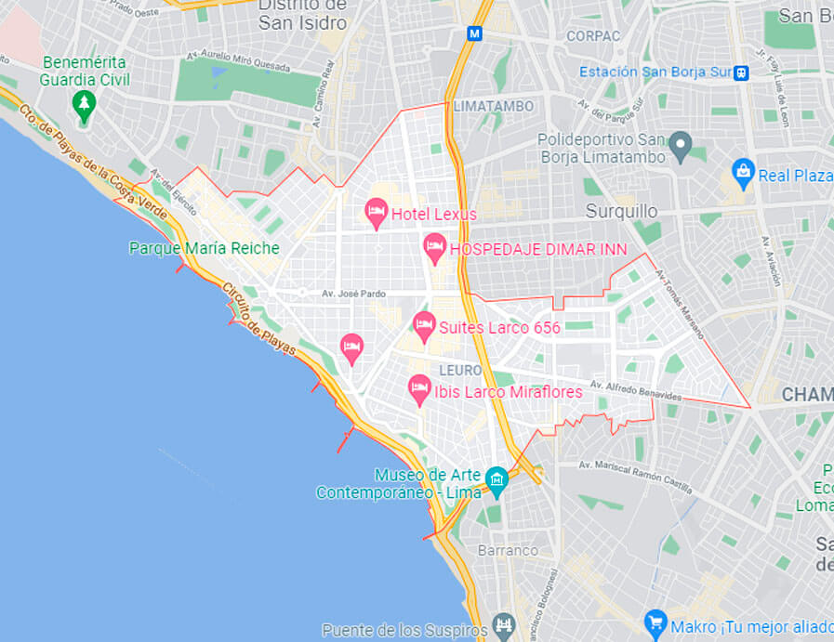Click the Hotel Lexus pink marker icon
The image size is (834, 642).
point(376,213)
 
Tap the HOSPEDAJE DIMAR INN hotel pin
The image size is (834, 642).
point(434,248)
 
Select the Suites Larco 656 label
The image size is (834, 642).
point(499,327)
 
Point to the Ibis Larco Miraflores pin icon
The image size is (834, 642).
point(420,389)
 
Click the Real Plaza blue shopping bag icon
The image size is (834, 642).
point(743,171)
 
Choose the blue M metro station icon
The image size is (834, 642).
point(475,33)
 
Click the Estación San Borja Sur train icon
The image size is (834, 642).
point(741,72)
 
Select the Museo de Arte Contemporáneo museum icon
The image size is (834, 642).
point(496,480)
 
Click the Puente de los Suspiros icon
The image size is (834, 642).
point(503,624)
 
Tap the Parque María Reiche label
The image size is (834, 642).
point(204,248)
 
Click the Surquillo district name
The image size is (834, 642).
point(621,211)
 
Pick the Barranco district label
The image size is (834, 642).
point(508,550)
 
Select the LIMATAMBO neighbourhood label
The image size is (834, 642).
point(494,107)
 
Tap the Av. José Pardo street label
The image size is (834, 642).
point(353,294)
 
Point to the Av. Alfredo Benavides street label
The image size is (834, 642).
point(635,390)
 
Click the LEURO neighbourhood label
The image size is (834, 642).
point(460,370)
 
